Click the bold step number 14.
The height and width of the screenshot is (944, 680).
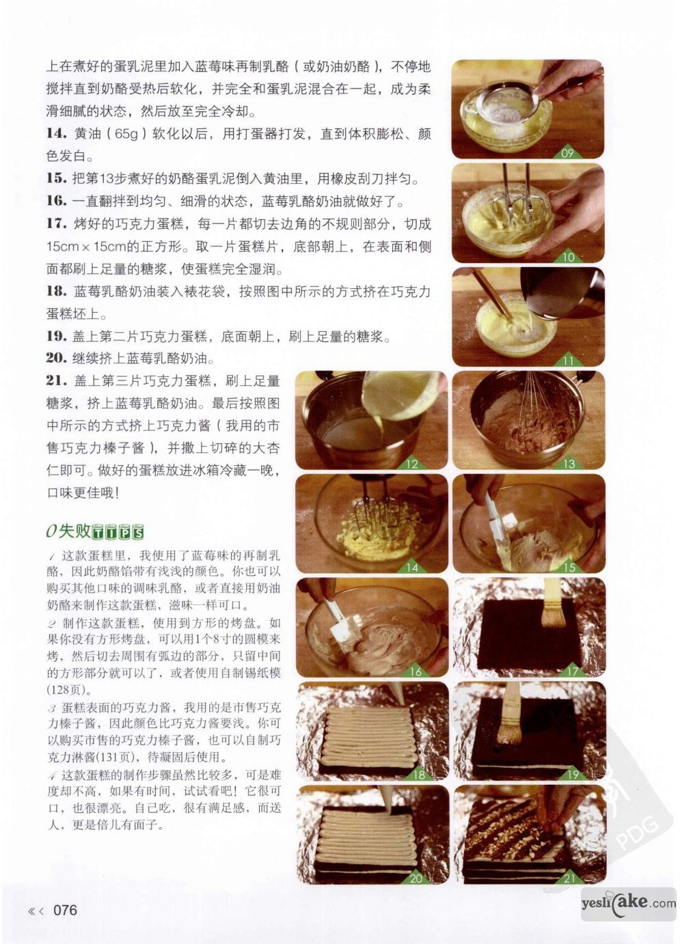point(57,134)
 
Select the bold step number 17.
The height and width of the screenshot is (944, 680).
point(57,223)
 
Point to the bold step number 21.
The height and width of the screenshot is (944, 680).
point(57,380)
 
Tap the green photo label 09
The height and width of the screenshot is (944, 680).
point(567,152)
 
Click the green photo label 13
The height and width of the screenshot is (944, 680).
point(569,464)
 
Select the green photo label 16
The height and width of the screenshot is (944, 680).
point(416,671)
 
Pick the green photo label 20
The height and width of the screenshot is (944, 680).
point(416,878)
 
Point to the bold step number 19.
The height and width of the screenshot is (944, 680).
point(57,336)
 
